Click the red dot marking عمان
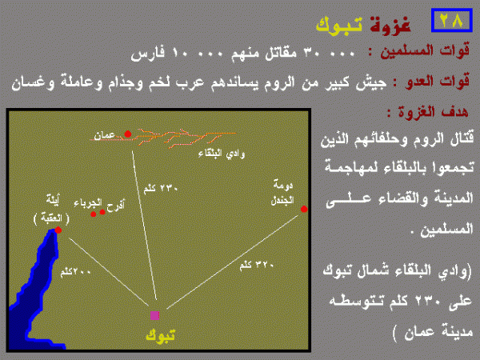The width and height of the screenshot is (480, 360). coord(128,134)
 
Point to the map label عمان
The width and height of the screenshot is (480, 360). coord(106,137)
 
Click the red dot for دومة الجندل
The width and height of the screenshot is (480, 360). coord(304,210)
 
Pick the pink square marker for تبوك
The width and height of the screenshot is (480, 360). coord(154,314)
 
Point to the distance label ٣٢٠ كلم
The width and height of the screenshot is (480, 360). coord(255,265)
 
